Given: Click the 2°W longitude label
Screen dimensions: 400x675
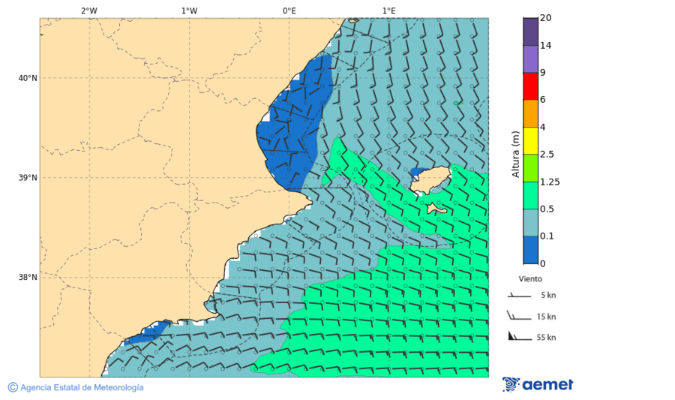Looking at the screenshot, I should (88, 11).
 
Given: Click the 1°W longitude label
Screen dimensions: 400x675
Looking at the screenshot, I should (189, 11).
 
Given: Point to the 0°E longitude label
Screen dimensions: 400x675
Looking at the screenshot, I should (289, 11).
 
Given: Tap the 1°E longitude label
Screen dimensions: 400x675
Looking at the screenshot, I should (388, 11).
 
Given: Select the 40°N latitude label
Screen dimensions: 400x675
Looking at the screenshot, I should (28, 78).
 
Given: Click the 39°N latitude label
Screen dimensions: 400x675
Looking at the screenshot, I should (28, 178).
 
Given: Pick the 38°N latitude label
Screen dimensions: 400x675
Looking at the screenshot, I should (28, 278).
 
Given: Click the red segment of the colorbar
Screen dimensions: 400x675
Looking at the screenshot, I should (530, 86).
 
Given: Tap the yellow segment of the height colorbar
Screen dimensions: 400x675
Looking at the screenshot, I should (530, 140).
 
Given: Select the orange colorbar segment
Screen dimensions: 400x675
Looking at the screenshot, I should (530, 113).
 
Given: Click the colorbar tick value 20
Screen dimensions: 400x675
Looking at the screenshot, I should (545, 18).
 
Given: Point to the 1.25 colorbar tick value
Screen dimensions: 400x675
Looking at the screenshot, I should (550, 182).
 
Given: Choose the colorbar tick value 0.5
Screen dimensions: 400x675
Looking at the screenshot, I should (547, 209).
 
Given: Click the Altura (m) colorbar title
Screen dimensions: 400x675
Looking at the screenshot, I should (515, 154).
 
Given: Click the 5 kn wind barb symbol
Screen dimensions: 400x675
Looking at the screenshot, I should (518, 296).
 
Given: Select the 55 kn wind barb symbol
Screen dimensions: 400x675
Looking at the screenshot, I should (518, 336).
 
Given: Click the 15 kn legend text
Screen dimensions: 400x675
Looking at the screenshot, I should (546, 317).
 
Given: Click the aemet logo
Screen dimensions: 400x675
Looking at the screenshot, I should (538, 385).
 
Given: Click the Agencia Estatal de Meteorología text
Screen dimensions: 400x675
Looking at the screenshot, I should (81, 387).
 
